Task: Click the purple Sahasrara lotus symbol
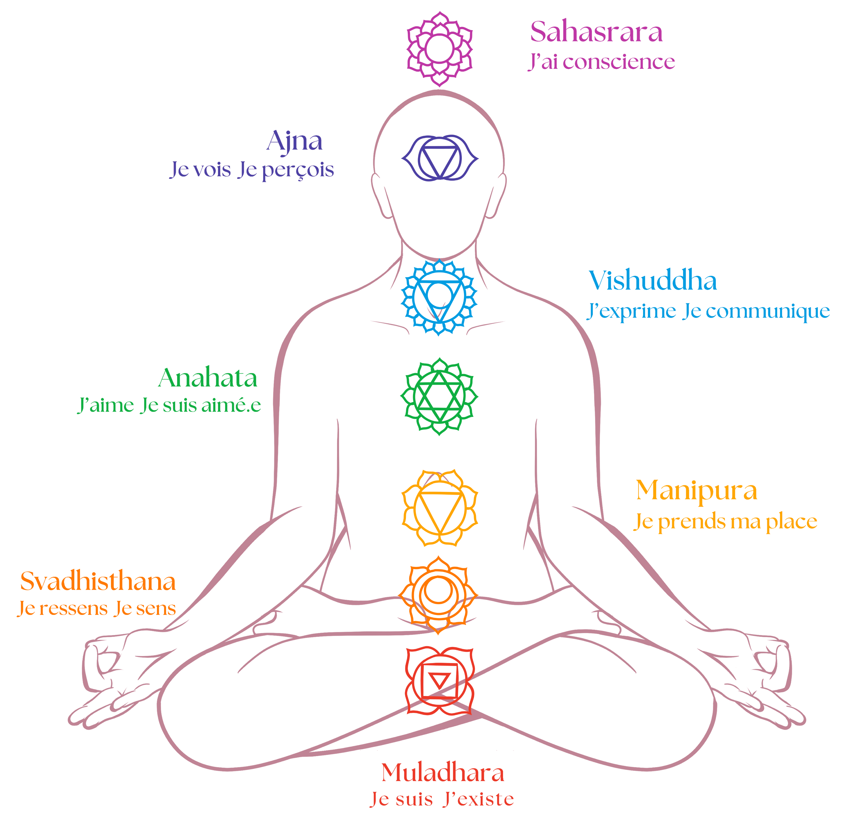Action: [439, 49]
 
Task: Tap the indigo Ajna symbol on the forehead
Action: [439, 158]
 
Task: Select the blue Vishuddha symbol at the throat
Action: [439, 297]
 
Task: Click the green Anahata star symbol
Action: [439, 396]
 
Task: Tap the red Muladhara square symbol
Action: [439, 682]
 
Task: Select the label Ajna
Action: [295, 141]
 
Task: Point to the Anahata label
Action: [208, 378]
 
